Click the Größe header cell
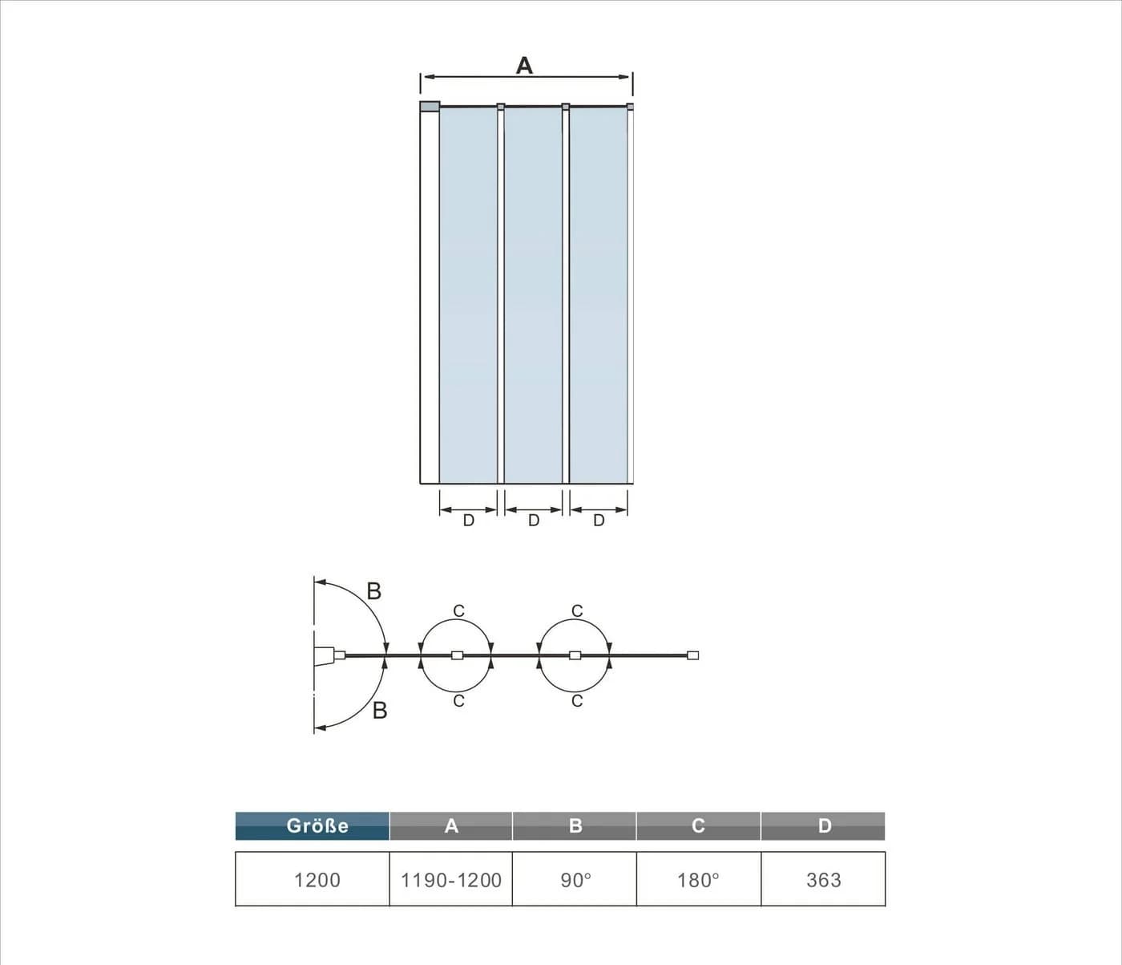pyautogui.click(x=312, y=826)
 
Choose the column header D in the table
pyautogui.click(x=823, y=826)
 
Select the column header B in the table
pyautogui.click(x=575, y=826)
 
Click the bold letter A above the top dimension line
pyautogui.click(x=524, y=66)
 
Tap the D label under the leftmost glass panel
pyautogui.click(x=469, y=521)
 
